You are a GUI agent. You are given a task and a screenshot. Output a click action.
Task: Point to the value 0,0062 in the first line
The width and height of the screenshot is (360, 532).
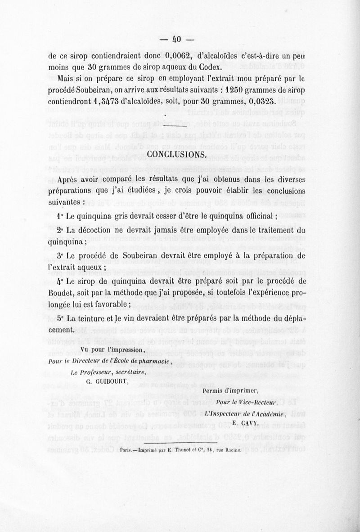[x=180, y=56]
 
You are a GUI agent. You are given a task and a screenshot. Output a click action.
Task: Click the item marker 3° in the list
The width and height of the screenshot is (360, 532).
[x=62, y=256]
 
